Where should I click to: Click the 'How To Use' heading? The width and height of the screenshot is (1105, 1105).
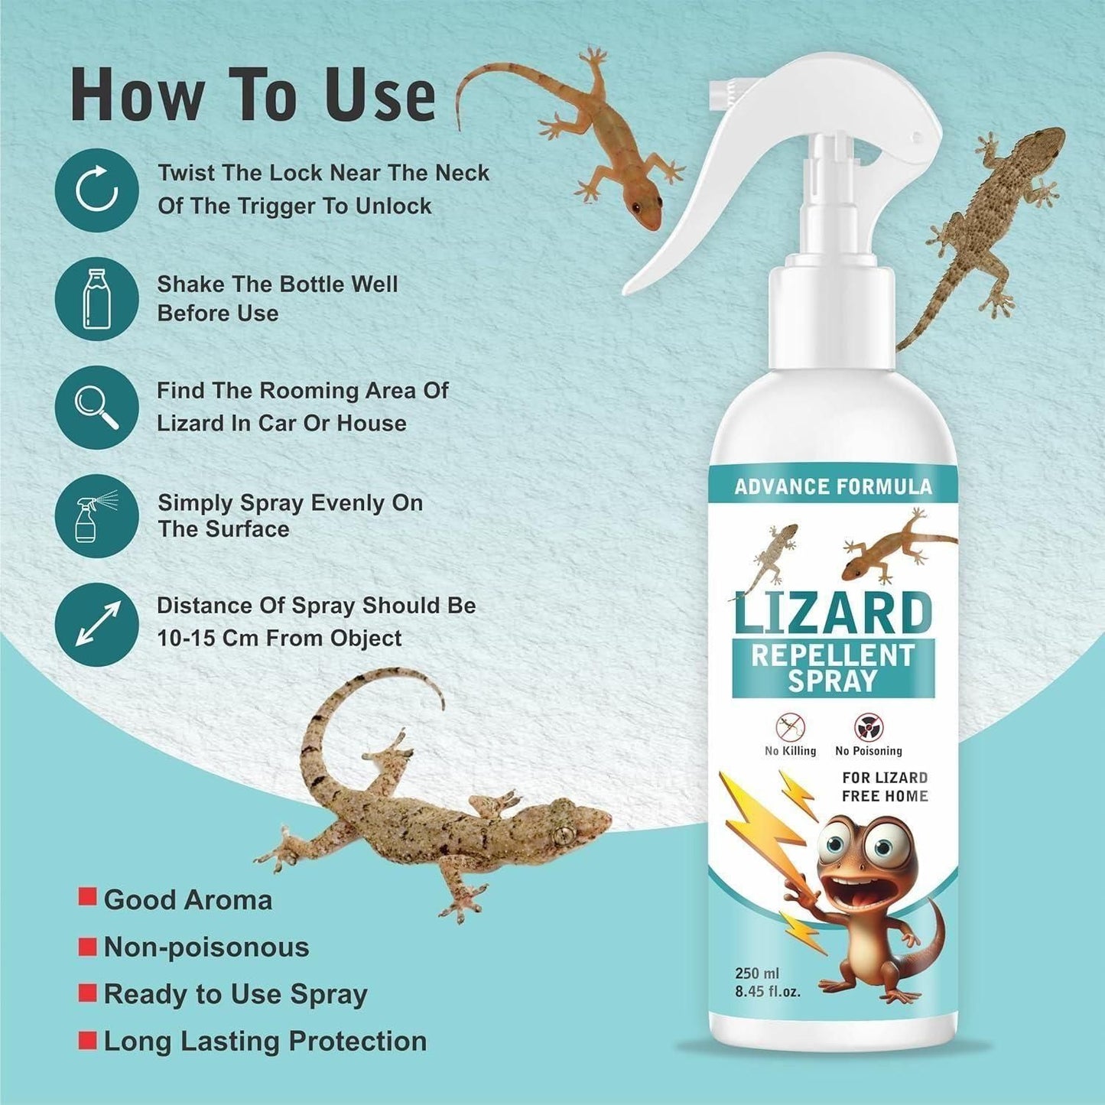252,95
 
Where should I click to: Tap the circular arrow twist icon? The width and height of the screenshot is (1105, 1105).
96,190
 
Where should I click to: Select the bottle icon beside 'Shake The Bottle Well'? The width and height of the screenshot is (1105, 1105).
96,299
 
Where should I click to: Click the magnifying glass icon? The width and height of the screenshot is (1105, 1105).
96,408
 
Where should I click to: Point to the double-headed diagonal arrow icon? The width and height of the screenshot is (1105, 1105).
96,624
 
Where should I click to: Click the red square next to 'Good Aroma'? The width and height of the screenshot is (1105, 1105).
88,896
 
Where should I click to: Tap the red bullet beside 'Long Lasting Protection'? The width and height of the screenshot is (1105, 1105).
88,1040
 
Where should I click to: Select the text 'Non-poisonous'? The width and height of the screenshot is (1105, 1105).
206,947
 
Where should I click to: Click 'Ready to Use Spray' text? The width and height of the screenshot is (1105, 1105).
236,994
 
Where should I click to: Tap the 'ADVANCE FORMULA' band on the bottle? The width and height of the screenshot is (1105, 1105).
833,487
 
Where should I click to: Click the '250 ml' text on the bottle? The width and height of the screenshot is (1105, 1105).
757,973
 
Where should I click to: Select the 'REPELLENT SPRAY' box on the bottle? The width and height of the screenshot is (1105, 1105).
832,668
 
